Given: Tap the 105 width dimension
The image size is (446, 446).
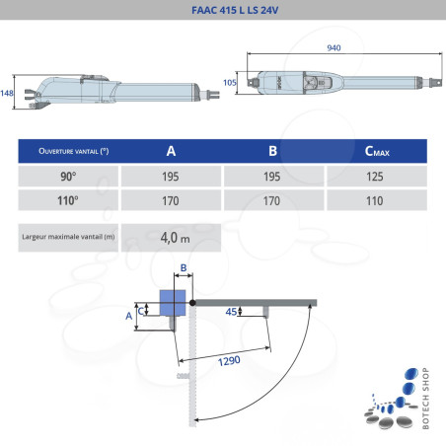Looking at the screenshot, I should click(230, 84).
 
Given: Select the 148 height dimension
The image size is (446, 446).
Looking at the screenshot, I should click(7, 92).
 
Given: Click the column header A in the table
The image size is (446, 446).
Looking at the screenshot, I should click(171, 151).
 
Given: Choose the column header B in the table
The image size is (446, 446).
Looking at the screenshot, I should click(272, 151).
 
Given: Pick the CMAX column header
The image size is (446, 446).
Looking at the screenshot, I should click(375, 152).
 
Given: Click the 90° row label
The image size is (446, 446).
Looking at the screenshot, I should click(68, 176).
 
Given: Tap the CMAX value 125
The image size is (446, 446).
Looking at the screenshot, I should click(375, 176).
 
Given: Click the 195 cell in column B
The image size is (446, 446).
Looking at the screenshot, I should click(272, 176).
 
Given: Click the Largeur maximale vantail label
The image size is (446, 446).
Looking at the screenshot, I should click(67, 237).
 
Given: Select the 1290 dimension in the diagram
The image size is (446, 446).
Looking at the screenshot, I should click(228, 361).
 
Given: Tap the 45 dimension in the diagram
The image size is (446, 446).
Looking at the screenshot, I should click(232, 313).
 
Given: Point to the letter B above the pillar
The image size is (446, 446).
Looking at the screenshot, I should click(183, 268).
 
